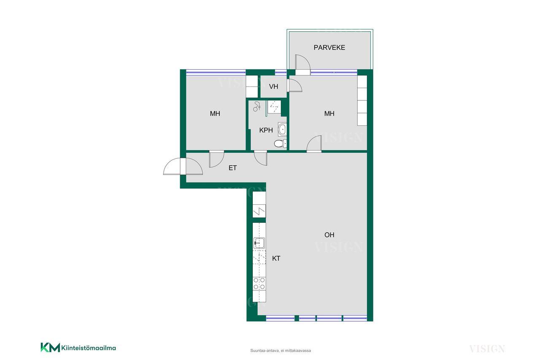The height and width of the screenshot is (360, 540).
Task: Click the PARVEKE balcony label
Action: click(x=329, y=48)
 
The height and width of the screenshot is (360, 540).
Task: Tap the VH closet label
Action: click(x=274, y=87)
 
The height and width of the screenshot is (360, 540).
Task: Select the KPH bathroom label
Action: click(x=266, y=130)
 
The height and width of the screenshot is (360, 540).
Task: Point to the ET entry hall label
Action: click(x=232, y=168)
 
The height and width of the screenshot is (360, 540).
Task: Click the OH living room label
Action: click(x=329, y=235)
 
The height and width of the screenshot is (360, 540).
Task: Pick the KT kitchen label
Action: click(x=276, y=258)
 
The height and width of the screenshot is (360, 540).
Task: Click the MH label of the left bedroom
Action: click(x=215, y=114)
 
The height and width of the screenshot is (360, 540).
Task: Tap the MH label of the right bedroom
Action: click(x=329, y=114)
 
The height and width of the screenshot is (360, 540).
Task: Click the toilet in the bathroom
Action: click(x=281, y=143)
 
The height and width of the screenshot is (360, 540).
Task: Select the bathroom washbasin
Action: click(x=282, y=130)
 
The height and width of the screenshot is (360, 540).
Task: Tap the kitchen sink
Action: click(x=259, y=243)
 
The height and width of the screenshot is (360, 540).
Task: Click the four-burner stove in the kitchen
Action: click(x=259, y=284)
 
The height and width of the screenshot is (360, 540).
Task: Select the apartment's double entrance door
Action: click(x=183, y=166)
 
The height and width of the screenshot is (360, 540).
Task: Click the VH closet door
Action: click(x=294, y=86)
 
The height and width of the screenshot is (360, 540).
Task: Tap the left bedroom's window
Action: click(x=216, y=72)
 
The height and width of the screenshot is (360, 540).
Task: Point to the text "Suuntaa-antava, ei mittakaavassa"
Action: click(x=281, y=351)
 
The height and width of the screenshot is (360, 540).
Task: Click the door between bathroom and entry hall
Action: click(x=261, y=158)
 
